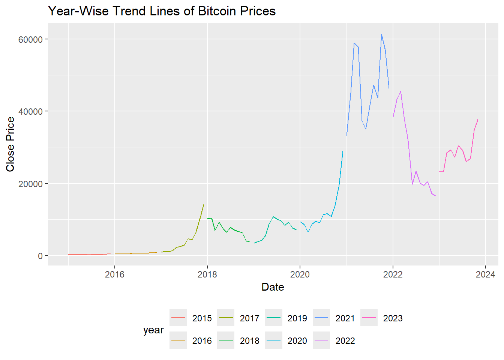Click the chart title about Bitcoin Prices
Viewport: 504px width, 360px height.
pyautogui.click(x=162, y=11)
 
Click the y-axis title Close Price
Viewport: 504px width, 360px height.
pyautogui.click(x=10, y=144)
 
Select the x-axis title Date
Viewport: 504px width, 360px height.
pyautogui.click(x=273, y=287)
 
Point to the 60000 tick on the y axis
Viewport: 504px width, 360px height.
pyautogui.click(x=30, y=39)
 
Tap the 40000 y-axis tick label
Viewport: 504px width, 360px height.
pyautogui.click(x=30, y=111)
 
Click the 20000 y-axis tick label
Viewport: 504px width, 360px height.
pyautogui.click(x=30, y=184)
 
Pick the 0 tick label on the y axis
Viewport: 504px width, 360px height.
pyautogui.click(x=40, y=256)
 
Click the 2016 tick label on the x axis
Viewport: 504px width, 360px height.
pyautogui.click(x=115, y=274)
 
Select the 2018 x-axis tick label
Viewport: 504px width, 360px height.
pyautogui.click(x=207, y=274)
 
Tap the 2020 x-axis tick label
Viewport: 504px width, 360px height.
pyautogui.click(x=300, y=274)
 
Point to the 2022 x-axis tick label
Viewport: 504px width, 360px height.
pyautogui.click(x=393, y=274)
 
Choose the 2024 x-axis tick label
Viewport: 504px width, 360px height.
pyautogui.click(x=485, y=274)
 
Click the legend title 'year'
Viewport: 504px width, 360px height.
pyautogui.click(x=153, y=330)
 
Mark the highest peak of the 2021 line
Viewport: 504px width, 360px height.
pyautogui.click(x=381, y=34)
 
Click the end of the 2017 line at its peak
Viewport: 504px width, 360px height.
pyautogui.click(x=204, y=205)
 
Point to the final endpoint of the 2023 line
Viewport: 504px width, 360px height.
pyautogui.click(x=478, y=120)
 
